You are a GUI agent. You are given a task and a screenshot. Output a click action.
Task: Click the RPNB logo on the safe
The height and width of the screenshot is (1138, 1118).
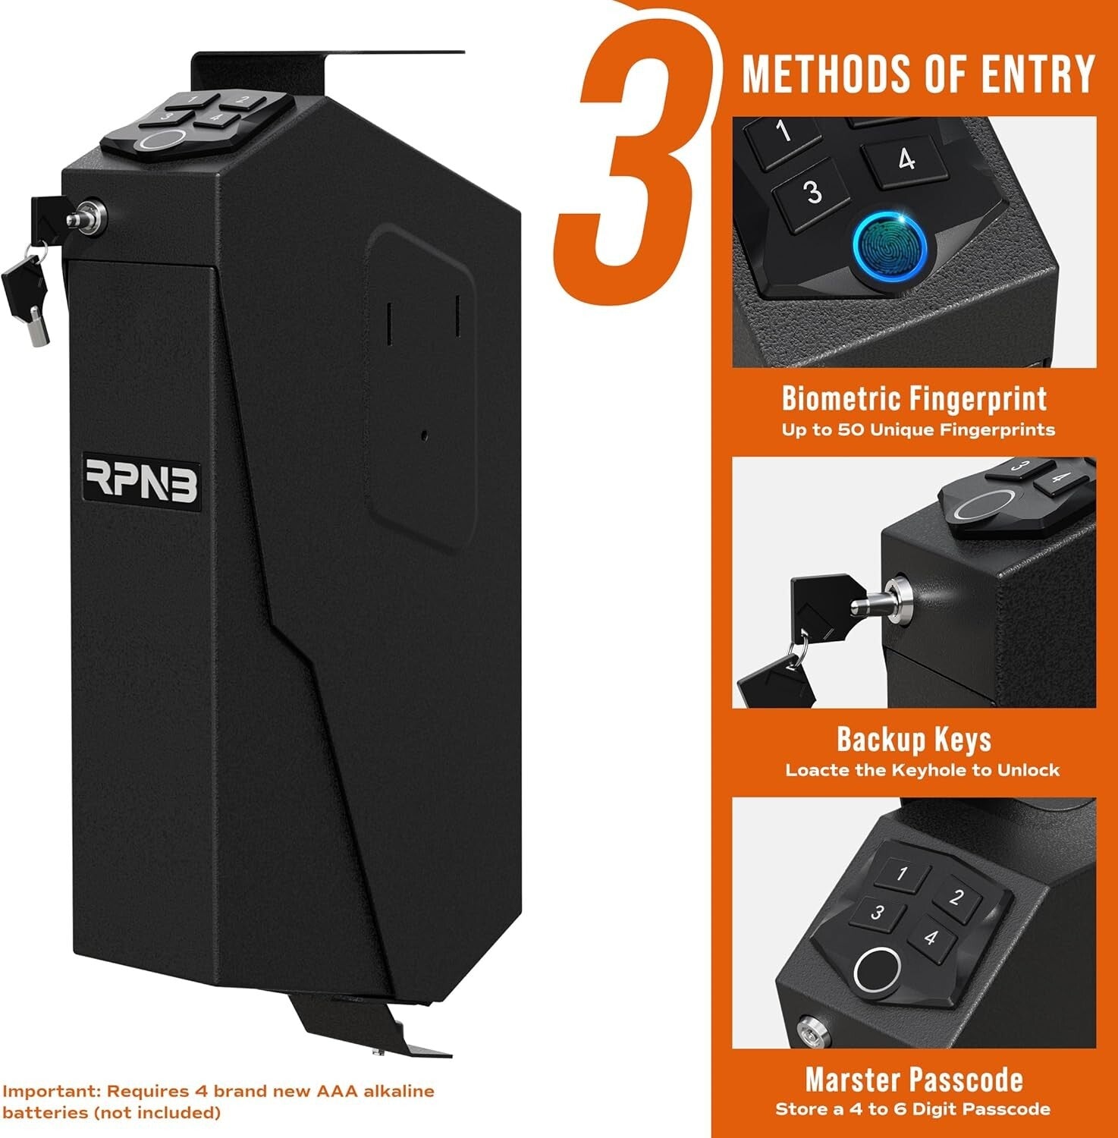pos(140,479)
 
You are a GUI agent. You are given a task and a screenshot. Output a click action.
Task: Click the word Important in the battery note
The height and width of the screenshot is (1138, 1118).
pos(49,1091)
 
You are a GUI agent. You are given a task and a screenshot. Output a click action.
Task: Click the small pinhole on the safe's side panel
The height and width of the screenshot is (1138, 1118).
pos(424,435)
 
